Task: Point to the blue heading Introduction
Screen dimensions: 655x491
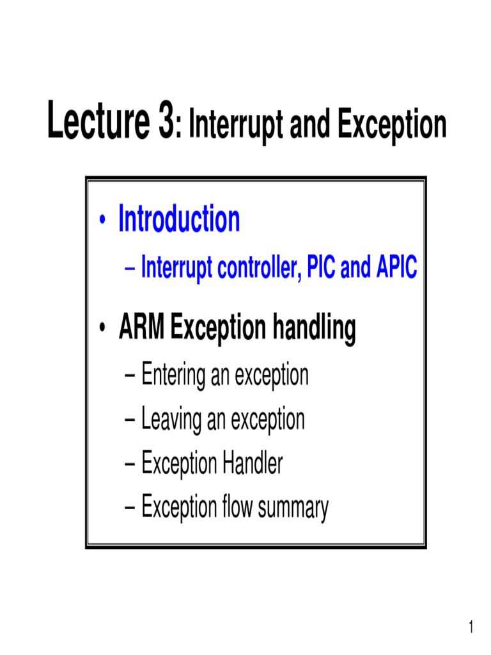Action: [179, 220]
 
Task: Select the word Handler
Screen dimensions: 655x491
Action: [253, 463]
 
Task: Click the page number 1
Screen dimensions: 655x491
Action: [472, 627]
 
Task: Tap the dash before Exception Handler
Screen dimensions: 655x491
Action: [130, 464]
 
